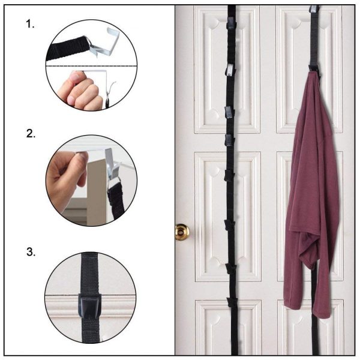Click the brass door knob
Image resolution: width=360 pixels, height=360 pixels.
point(181,231)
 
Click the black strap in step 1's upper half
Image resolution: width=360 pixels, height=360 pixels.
point(66,48)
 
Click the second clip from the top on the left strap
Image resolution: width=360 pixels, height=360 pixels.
point(229,70)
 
